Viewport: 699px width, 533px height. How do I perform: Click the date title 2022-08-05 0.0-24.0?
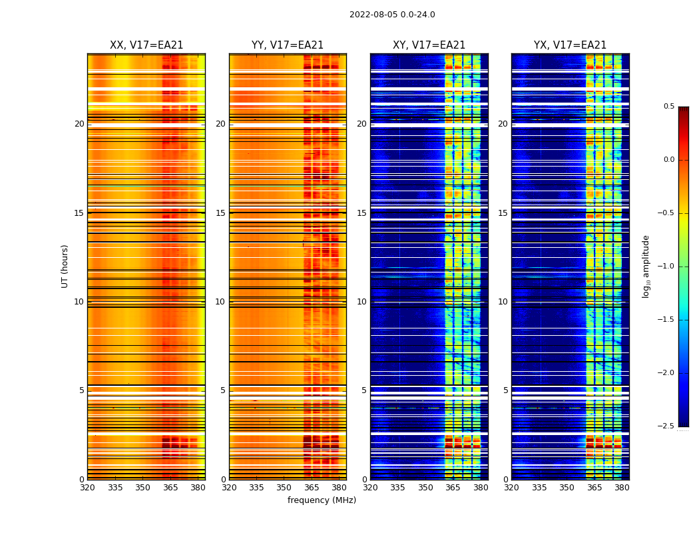[392, 15]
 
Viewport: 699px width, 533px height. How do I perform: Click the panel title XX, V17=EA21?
[146, 45]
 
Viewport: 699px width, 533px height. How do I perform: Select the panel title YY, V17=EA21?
[288, 45]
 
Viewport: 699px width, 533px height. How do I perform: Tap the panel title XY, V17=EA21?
[429, 45]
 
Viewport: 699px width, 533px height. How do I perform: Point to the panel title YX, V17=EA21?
[571, 45]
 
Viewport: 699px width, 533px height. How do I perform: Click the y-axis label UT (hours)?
[65, 266]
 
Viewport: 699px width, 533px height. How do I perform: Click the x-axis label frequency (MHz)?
[322, 500]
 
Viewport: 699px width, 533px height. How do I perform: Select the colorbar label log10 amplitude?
[646, 266]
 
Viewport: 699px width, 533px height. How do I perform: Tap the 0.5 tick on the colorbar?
[668, 107]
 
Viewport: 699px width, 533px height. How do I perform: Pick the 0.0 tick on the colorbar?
[668, 160]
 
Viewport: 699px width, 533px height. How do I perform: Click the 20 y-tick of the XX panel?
[79, 124]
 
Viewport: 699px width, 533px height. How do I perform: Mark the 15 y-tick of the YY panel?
[221, 213]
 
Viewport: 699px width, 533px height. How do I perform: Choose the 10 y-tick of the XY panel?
[362, 302]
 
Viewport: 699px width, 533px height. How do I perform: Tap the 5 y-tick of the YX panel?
[506, 390]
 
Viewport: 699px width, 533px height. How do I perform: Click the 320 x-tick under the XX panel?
[87, 487]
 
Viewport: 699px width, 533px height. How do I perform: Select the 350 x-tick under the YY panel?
[284, 487]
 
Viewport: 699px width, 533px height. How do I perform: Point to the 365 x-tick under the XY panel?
[453, 487]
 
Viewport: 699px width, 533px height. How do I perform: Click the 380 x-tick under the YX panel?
[622, 487]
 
